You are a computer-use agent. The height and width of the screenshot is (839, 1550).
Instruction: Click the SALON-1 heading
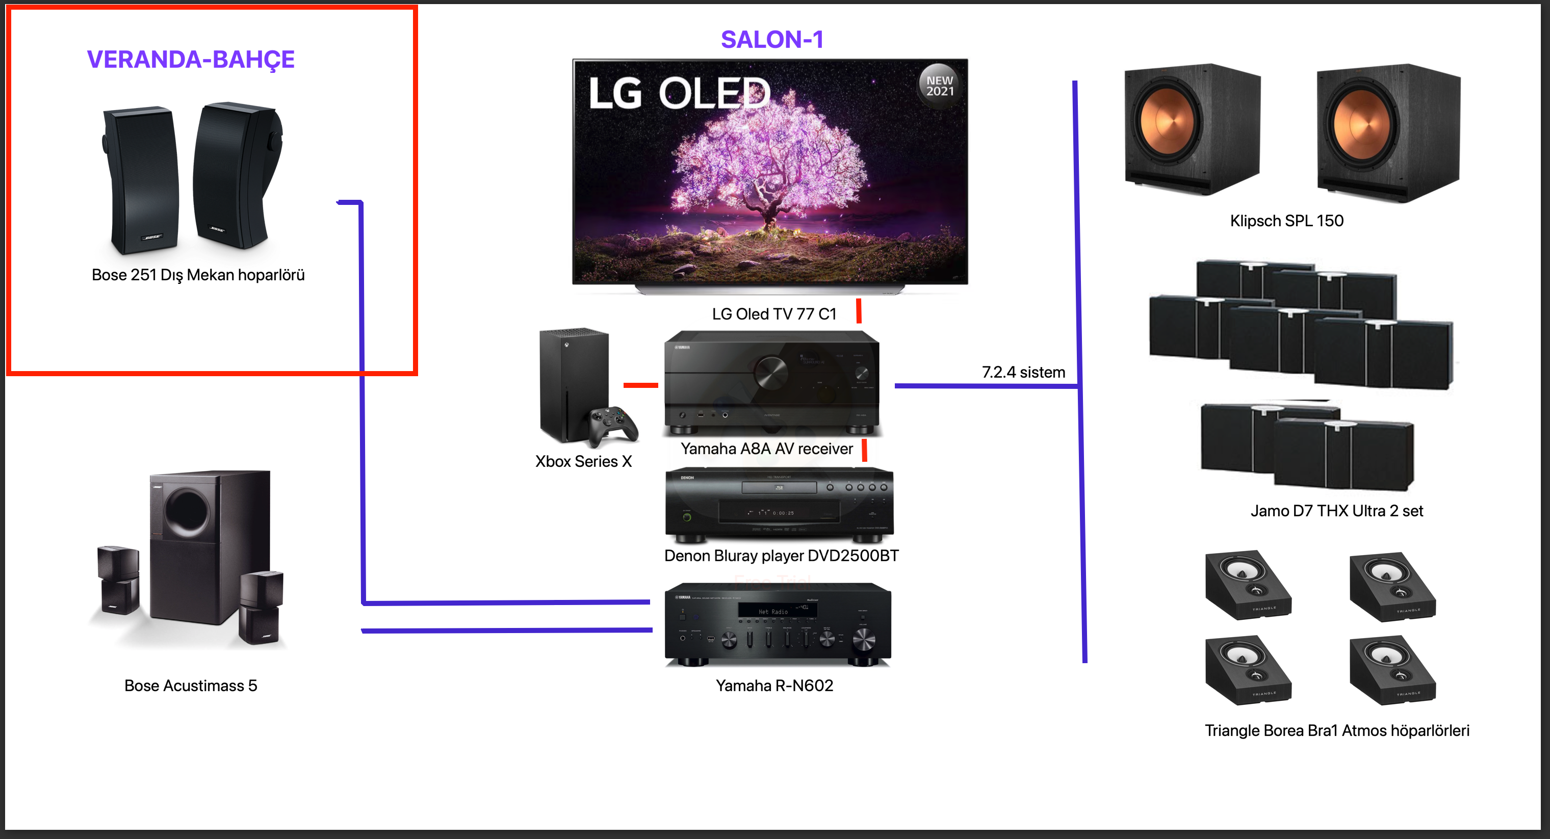[x=772, y=40]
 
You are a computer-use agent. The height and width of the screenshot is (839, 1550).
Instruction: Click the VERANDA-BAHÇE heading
[x=191, y=60]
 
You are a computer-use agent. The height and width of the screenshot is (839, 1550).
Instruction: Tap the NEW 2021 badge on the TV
[x=939, y=86]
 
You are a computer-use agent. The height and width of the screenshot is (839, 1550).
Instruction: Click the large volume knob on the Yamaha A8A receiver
[x=771, y=372]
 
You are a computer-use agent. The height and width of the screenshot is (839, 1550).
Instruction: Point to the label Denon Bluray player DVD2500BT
[x=781, y=556]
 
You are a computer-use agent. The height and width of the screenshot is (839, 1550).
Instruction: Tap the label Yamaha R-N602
[x=774, y=686]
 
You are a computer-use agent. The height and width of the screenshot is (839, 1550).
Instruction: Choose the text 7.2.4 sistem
[x=1023, y=372]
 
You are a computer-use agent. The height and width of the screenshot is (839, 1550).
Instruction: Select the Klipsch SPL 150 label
[x=1286, y=221]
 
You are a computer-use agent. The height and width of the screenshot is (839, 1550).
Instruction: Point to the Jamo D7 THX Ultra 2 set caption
[x=1336, y=511]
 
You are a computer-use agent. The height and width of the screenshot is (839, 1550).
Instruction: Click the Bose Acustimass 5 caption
[x=191, y=686]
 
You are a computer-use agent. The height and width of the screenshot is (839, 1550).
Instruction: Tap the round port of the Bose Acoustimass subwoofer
[x=187, y=512]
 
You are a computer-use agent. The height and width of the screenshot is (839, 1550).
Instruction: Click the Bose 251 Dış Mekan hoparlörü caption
[x=198, y=275]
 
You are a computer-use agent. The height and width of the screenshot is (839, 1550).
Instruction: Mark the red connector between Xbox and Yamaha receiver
[x=641, y=385]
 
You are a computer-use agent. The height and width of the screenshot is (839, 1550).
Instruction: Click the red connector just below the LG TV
[x=859, y=311]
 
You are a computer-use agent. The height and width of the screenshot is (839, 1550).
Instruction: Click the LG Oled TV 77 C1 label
[x=774, y=314]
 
